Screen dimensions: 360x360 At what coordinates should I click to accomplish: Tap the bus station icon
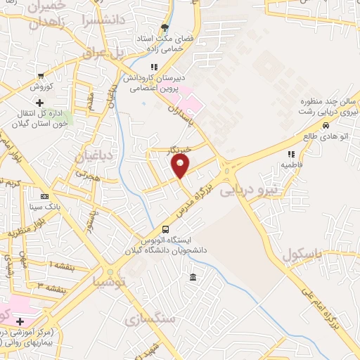(x=165, y=229)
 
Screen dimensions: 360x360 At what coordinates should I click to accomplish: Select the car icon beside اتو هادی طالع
(x=326, y=126)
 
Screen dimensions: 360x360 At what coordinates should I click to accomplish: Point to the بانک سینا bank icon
(x=44, y=197)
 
